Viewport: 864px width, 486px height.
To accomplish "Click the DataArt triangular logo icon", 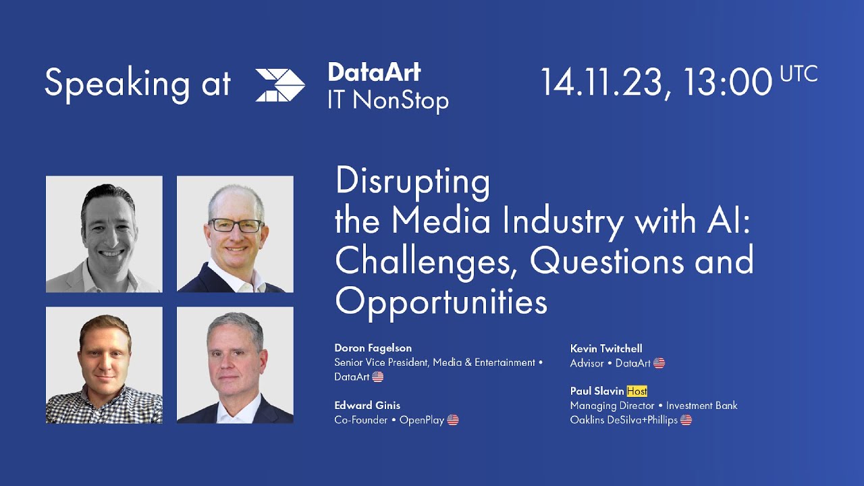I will point(280,85).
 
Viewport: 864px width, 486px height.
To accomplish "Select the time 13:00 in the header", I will point(727,82).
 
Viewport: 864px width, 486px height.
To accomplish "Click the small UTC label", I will point(799,74).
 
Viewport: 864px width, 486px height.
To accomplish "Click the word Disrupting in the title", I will point(412,182).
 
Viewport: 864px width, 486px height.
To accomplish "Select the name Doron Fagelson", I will point(373,348).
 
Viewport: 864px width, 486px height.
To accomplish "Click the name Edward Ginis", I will point(367,405).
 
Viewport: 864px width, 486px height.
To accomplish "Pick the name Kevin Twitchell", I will point(606,348).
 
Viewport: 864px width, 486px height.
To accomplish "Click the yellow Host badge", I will point(637,391).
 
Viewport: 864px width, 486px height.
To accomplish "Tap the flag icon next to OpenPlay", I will point(453,420).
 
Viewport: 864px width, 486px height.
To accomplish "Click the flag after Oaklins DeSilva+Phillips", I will point(686,420).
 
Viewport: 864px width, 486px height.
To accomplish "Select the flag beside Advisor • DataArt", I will point(659,363).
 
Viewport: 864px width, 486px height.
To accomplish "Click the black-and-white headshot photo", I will point(104,234).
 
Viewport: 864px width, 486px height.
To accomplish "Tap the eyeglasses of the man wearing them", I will point(236,225).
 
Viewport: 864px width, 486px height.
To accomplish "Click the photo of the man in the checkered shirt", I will point(104,365).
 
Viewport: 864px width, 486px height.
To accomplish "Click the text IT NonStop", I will point(387,101).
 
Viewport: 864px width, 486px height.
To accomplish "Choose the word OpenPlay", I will point(421,420).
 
